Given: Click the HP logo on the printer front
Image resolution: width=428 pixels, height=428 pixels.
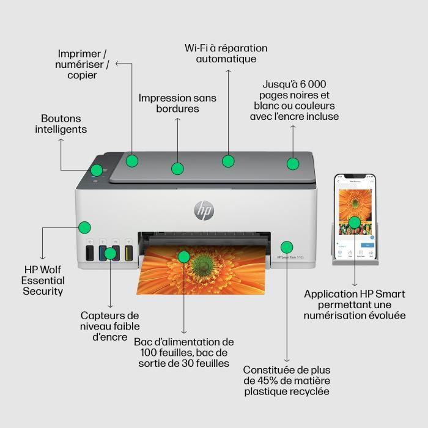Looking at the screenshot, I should tap(204, 210).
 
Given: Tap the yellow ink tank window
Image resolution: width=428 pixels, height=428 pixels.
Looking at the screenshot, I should tap(129, 253).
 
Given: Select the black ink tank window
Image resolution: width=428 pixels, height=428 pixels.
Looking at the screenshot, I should tap(89, 253).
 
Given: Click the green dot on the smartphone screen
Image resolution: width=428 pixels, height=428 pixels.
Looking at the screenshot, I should tap(355, 222).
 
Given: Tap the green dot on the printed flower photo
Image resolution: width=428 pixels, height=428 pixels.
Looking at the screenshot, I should tap(183, 255).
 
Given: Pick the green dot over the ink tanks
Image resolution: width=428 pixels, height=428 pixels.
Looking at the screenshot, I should tap(110, 253).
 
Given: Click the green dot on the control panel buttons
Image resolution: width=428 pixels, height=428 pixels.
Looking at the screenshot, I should tap(97, 170).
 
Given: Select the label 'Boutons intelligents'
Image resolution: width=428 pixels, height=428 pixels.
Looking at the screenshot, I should tap(61, 124).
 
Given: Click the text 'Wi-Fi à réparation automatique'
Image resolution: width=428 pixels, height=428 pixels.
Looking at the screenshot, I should tap(226, 53).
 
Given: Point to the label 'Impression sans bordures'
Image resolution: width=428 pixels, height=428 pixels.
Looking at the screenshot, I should tap(177, 103).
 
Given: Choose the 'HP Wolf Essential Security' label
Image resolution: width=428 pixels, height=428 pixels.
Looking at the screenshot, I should tap(43, 280).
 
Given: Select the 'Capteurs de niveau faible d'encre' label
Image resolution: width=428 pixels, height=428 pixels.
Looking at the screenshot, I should tap(110, 326).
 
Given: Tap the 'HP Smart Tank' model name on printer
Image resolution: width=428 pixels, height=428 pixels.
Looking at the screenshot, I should tap(292, 258).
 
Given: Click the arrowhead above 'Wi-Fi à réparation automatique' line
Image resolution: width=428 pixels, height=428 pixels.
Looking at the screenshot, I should tap(228, 72).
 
